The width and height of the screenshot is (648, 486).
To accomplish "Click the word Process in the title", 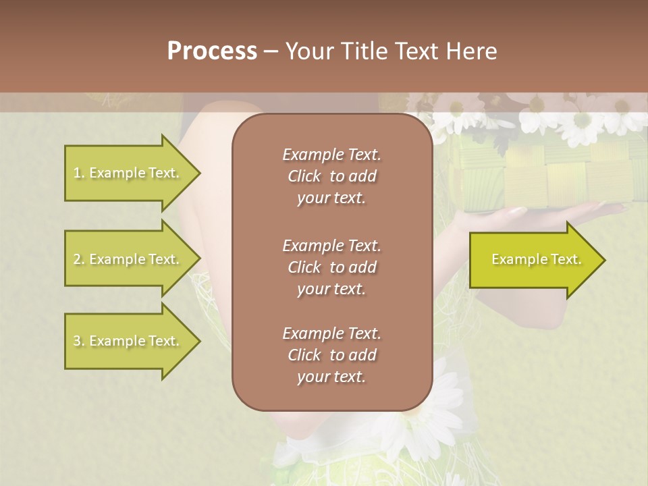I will pyautogui.click(x=212, y=51).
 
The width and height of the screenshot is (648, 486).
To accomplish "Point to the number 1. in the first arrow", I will pyautogui.click(x=79, y=173).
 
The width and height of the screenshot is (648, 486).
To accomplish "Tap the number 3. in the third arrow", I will pyautogui.click(x=79, y=342).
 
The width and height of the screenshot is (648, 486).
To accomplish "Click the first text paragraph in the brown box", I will pyautogui.click(x=331, y=176).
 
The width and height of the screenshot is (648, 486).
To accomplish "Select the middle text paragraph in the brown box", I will pyautogui.click(x=331, y=267).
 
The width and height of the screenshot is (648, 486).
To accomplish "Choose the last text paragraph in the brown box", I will pyautogui.click(x=331, y=355).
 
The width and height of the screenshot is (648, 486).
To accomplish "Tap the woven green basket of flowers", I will pyautogui.click(x=547, y=175).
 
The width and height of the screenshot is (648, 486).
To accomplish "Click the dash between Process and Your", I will pyautogui.click(x=271, y=51).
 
